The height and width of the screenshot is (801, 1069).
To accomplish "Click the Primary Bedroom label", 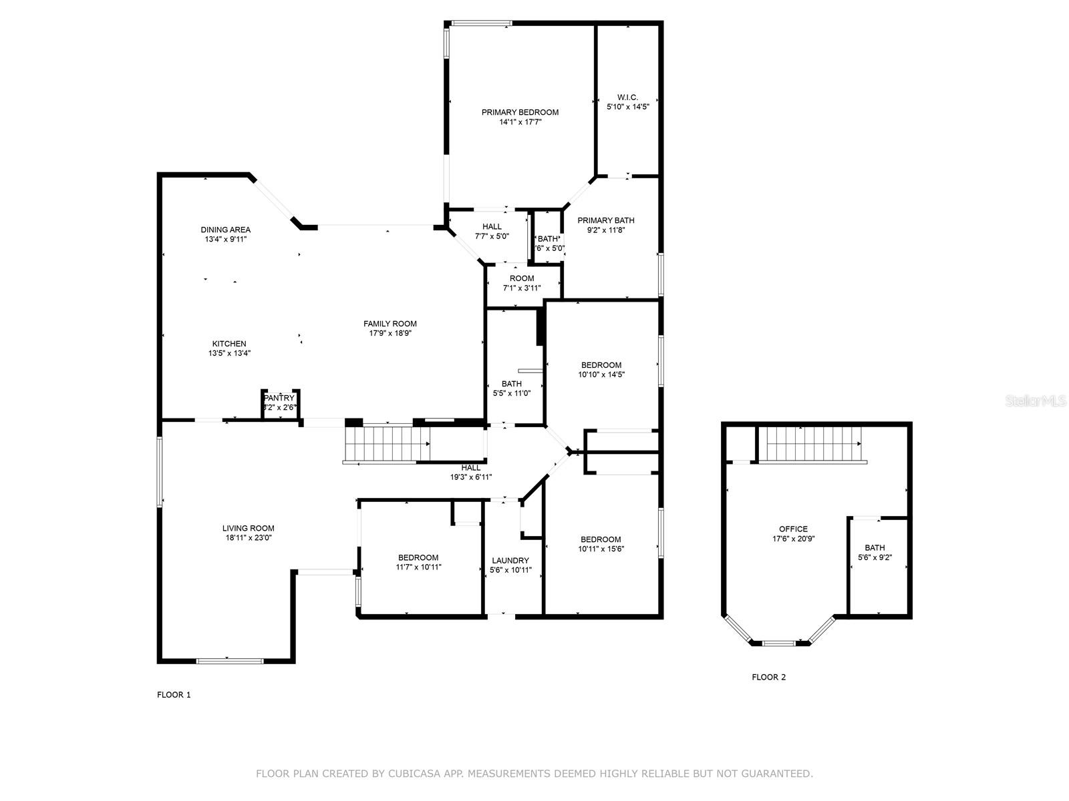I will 520,112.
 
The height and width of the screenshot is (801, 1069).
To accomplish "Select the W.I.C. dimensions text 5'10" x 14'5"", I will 627,107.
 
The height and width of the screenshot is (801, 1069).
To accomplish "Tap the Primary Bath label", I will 605,220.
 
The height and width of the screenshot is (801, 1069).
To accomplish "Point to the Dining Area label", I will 225,230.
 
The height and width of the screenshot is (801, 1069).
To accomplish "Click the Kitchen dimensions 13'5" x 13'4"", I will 229,354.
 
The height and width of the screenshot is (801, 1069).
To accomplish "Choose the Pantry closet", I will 279,403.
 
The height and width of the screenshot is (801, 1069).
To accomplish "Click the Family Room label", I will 390,324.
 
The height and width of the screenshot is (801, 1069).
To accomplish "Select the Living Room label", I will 248,528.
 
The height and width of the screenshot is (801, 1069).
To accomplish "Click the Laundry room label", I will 510,561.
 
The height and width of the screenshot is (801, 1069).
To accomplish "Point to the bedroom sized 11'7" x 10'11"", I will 418,562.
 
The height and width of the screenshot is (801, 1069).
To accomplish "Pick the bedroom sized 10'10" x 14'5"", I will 601,370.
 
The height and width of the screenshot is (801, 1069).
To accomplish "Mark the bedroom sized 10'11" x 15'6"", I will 601,544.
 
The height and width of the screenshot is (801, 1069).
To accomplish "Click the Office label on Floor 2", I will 793,529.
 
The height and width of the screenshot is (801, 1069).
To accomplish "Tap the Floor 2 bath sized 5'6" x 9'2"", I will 875,553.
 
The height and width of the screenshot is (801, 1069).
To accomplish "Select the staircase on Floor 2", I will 812,443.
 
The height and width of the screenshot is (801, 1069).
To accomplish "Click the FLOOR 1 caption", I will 174,695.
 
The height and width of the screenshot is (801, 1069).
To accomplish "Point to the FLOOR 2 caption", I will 768,678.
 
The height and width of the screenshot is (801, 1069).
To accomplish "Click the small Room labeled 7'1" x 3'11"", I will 522,283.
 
